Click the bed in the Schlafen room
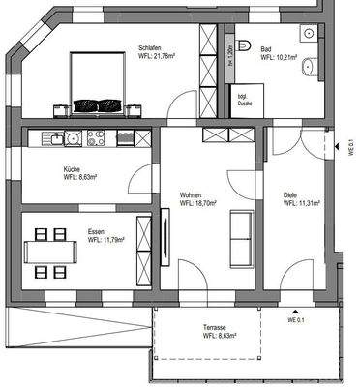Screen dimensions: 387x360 [x=97, y=81]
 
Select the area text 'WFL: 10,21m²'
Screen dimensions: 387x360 [x=282, y=57]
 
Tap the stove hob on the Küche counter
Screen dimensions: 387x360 [x=97, y=138]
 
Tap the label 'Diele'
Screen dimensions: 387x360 [x=290, y=194]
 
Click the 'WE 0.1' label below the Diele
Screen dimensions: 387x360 [x=295, y=319]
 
